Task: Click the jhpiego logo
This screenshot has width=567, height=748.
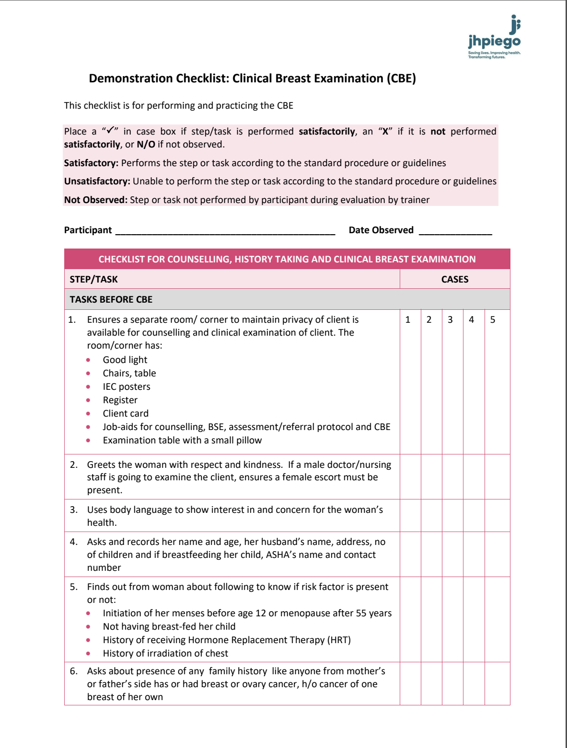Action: [494, 38]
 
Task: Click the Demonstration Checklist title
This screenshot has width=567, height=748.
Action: [252, 79]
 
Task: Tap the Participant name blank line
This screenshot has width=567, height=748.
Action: [225, 231]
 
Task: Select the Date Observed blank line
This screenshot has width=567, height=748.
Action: [455, 231]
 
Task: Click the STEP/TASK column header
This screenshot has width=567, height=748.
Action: [93, 279]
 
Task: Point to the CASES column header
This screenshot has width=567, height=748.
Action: [454, 279]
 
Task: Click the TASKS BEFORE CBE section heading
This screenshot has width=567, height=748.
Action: [111, 300]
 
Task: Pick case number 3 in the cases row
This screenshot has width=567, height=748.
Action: [450, 320]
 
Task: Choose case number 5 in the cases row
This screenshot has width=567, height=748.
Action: [493, 320]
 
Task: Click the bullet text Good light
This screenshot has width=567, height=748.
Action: [125, 360]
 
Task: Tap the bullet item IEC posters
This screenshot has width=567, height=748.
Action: [127, 387]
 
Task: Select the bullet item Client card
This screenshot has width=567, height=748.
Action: [126, 414]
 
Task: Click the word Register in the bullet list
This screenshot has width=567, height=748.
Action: [120, 400]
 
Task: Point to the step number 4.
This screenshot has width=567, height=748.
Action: [73, 542]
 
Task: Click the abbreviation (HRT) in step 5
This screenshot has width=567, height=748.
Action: [339, 640]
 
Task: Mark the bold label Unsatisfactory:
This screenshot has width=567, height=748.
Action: [97, 181]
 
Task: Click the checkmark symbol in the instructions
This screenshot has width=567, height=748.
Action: [110, 130]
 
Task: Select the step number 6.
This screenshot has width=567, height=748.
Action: [73, 671]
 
